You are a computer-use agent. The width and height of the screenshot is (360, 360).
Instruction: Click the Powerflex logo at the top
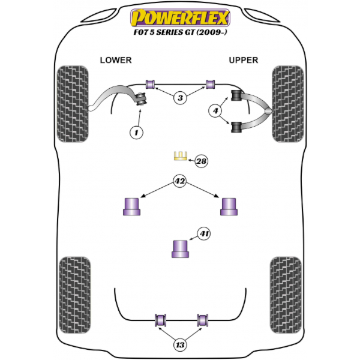pyautogui.click(x=180, y=18)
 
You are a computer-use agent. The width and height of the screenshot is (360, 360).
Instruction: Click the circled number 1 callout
pyautogui.click(x=136, y=133)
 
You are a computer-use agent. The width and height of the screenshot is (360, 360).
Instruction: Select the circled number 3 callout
pyautogui.click(x=180, y=98)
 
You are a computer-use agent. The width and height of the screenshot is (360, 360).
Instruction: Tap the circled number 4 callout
pyautogui.click(x=215, y=111)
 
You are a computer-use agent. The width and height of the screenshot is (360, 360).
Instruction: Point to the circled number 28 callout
pyautogui.click(x=202, y=161)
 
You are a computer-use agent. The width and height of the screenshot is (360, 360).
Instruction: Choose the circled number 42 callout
pyautogui.click(x=180, y=181)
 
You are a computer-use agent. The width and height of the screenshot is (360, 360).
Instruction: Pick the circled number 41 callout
pyautogui.click(x=204, y=233)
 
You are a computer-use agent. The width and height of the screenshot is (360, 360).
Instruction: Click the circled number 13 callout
pyautogui.click(x=180, y=344)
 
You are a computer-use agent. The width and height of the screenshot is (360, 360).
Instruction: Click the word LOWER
pyautogui.click(x=116, y=60)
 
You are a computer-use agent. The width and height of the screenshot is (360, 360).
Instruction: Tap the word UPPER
pyautogui.click(x=244, y=60)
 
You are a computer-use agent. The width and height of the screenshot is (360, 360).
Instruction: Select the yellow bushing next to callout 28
pyautogui.click(x=180, y=156)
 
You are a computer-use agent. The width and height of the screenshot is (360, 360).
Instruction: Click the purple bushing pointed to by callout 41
pyautogui.click(x=180, y=249)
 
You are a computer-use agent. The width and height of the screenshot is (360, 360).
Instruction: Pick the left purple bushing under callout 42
pyautogui.click(x=131, y=206)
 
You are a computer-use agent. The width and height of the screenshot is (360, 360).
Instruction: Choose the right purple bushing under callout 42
pyautogui.click(x=229, y=206)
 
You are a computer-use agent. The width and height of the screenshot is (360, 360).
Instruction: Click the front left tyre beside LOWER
pyautogui.click(x=73, y=104)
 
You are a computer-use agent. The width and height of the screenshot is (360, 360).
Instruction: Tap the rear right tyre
pyautogui.click(x=286, y=295)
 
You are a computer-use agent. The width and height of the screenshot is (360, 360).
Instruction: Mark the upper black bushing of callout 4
pyautogui.click(x=236, y=95)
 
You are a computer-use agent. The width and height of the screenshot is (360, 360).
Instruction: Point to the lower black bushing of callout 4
pyautogui.click(x=236, y=127)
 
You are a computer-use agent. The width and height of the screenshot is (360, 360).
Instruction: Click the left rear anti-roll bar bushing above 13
pyautogui.click(x=160, y=320)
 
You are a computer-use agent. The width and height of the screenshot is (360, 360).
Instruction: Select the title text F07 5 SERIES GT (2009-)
pyautogui.click(x=180, y=32)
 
